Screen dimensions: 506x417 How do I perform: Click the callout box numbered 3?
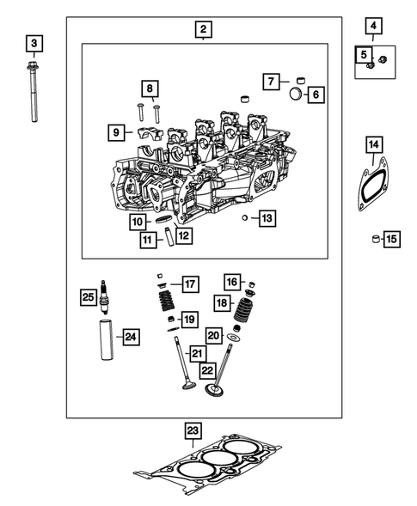pyautogui.click(x=34, y=42)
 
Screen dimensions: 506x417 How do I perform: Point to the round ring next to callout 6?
pyautogui.click(x=296, y=94)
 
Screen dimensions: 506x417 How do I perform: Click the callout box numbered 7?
pyautogui.click(x=271, y=82)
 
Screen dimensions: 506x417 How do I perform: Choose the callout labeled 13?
pyautogui.click(x=267, y=218)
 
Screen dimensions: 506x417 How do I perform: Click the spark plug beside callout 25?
pyautogui.click(x=105, y=296)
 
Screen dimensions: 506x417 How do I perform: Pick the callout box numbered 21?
pyautogui.click(x=197, y=353)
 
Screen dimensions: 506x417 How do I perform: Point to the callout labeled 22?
pyautogui.click(x=207, y=369)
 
